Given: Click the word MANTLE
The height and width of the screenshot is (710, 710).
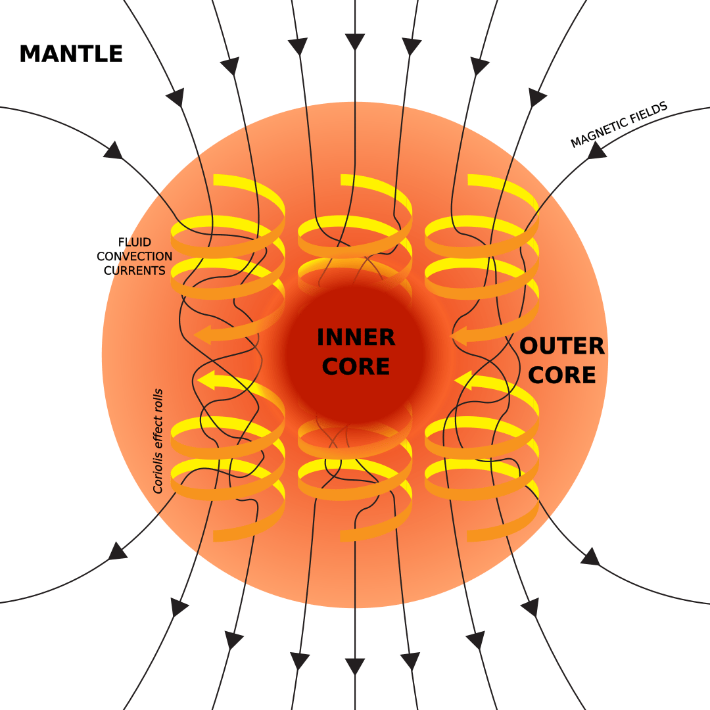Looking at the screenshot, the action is point(71,53).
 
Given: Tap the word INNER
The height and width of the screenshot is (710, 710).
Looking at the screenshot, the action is point(356,337).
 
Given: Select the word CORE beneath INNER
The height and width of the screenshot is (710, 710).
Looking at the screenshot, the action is point(356,366).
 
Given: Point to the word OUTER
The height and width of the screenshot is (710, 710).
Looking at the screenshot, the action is point(562,346).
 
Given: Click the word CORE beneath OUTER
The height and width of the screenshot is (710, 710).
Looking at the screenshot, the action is point(562,375).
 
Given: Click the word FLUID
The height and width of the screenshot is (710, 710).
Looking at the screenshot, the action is point(135,242).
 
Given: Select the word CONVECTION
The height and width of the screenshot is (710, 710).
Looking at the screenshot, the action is point(135,256).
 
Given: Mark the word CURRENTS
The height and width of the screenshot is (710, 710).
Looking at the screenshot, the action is point(135,270).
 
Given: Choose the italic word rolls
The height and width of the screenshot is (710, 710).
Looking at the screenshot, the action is point(158,400).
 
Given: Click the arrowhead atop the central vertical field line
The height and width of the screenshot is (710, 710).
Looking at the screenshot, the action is point(355,41).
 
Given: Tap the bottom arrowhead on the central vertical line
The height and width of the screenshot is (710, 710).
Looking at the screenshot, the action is point(355,667).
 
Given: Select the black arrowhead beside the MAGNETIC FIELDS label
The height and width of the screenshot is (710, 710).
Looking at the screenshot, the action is point(596,151).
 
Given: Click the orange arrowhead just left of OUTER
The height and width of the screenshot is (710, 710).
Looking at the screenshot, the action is point(459,336).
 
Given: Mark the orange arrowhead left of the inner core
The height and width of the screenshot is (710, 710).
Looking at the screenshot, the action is point(202,335).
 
